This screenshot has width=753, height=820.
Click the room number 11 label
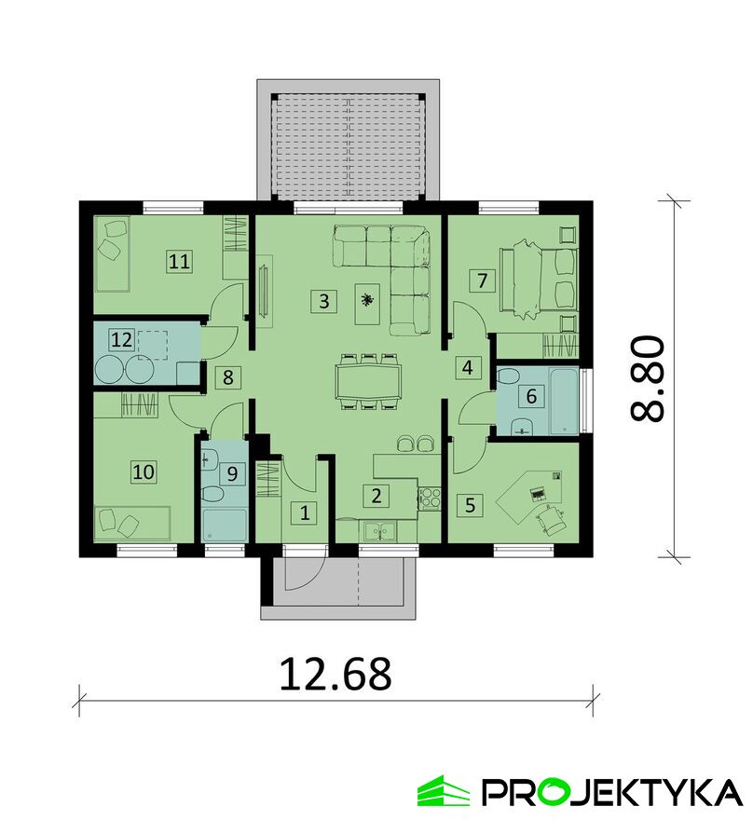click(x=179, y=261)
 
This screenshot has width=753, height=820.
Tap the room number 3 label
click(x=323, y=301)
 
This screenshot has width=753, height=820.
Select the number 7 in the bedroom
click(x=482, y=280)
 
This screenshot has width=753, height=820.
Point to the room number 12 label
click(x=121, y=340)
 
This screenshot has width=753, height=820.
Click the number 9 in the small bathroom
click(x=232, y=473)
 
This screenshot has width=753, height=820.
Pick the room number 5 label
click(x=470, y=506)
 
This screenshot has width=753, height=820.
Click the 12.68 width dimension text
click(x=335, y=675)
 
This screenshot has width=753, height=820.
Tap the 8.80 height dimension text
click(x=648, y=378)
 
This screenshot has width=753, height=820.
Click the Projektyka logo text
click(x=611, y=792)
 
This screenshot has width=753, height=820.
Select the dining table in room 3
click(x=369, y=381)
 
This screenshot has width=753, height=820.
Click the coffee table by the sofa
click(x=367, y=304)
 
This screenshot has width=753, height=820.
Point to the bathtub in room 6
click(x=564, y=401)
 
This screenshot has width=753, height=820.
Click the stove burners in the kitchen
click(x=430, y=498)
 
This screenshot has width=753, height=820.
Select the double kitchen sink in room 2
click(x=380, y=531)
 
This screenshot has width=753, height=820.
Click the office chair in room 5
click(x=551, y=522)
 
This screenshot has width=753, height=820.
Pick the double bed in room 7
click(x=540, y=280)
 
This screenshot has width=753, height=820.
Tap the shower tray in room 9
click(x=224, y=525)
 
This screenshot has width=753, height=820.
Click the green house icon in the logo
click(x=443, y=791)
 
